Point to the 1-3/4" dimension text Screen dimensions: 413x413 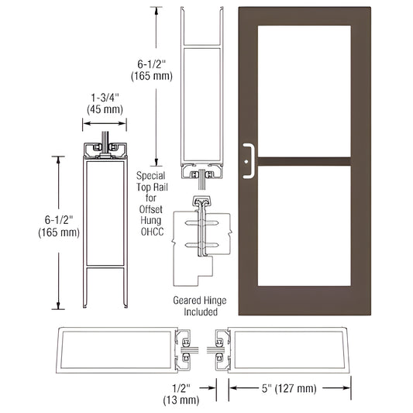104,98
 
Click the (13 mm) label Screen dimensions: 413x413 183,400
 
